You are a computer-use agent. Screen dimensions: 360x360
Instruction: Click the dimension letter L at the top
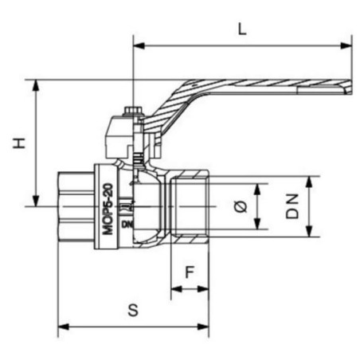point(242,29)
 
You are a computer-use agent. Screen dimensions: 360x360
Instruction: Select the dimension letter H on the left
point(20,143)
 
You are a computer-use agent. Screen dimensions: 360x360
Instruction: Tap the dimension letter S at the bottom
point(133,310)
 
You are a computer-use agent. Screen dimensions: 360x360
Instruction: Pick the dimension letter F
point(190,272)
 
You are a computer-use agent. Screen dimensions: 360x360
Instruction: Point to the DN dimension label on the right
point(292,206)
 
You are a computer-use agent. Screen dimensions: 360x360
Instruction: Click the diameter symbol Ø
point(241,206)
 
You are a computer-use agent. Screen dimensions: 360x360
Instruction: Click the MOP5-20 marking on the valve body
point(108,209)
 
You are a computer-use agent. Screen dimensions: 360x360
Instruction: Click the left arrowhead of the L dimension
point(139,45)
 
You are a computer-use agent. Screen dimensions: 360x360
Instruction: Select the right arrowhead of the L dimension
point(346,45)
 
